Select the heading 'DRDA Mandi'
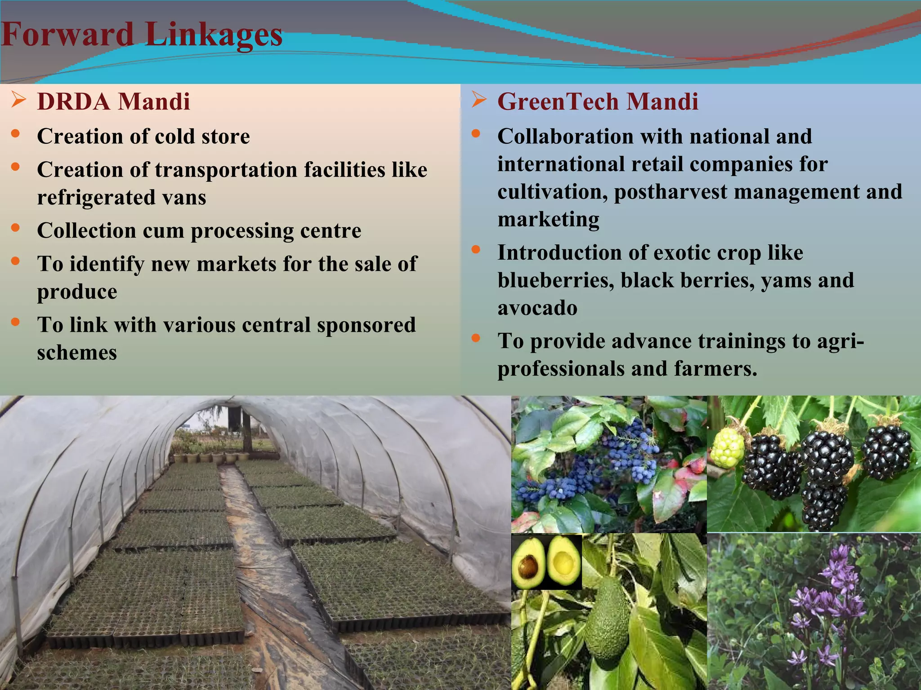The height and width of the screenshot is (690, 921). click(113, 102)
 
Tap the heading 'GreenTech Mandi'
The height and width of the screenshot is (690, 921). click(598, 102)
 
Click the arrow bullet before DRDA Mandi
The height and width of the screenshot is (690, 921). click(18, 99)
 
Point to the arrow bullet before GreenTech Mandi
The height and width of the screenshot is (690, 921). click(479, 99)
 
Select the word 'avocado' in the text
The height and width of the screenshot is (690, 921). click(537, 308)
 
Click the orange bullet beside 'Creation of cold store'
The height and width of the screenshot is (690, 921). click(16, 133)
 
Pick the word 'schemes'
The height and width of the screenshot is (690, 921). click(77, 353)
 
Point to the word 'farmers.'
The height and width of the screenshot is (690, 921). click(715, 369)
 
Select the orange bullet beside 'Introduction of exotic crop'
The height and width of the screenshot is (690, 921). click(476, 250)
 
